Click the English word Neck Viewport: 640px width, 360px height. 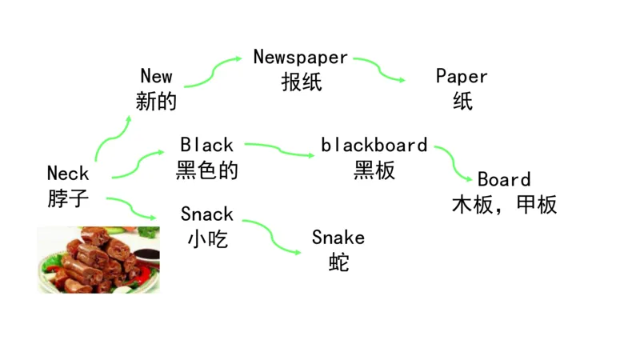[x=68, y=173]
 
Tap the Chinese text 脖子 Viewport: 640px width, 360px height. [x=68, y=198]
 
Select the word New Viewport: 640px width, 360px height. [x=156, y=76]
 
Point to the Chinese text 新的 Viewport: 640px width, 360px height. [x=156, y=102]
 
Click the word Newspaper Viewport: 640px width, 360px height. [x=301, y=57]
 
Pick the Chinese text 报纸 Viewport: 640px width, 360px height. [x=301, y=82]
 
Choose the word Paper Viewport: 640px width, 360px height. [x=462, y=76]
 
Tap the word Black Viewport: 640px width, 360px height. [x=206, y=145]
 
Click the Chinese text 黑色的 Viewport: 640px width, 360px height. [x=206, y=170]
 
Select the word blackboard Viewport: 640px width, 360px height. [x=374, y=145]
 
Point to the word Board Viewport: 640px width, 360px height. [x=504, y=179]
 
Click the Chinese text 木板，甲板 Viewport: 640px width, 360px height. [x=504, y=205]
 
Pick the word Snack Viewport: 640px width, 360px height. [x=206, y=214]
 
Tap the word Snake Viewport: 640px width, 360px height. [x=338, y=238]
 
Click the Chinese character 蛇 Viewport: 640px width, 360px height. [x=338, y=262]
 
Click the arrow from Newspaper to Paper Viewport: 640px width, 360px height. [x=379, y=70]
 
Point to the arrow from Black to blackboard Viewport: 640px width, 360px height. [x=279, y=150]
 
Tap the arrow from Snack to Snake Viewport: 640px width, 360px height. [x=271, y=237]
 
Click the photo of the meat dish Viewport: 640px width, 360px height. [x=98, y=259]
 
